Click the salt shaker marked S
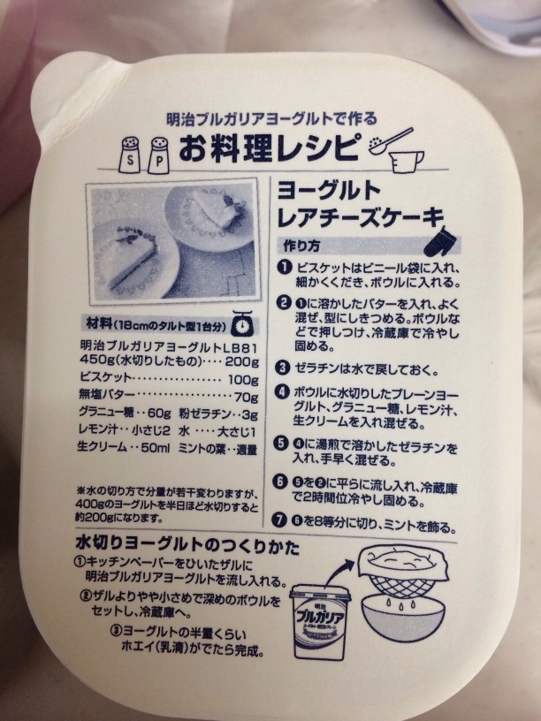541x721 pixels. tap(130, 155)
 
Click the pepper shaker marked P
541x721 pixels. tap(159, 155)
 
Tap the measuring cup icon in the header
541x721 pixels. tap(408, 160)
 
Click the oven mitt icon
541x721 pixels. tap(440, 241)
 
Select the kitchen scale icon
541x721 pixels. tap(242, 323)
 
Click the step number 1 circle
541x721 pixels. tap(286, 267)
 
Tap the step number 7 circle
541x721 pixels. tap(278, 520)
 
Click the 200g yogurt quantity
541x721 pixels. tap(241, 361)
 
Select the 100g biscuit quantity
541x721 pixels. tap(243, 380)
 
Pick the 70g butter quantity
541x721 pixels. tap(246, 397)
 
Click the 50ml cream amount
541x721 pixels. tap(156, 447)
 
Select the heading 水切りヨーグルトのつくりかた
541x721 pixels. tap(187, 546)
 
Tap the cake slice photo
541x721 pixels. tap(173, 241)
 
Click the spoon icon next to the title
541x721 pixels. tap(391, 140)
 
